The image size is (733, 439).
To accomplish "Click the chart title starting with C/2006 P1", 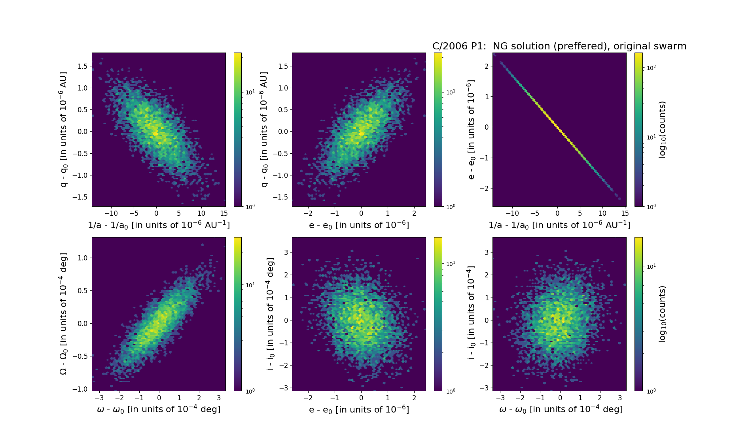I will coord(559,46).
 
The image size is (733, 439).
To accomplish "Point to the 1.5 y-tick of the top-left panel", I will coord(83,66).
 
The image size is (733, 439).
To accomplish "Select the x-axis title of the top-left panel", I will coord(159,225).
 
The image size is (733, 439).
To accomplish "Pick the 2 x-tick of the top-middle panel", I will coord(414,214).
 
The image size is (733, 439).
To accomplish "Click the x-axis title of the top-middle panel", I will coord(359,225).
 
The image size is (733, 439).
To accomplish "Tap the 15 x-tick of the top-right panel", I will coord(625,214).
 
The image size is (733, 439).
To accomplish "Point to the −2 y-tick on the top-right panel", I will coord(485,188).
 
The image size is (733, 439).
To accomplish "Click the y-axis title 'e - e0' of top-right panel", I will coord(471,129).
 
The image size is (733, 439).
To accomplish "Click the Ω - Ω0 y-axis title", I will coord(63,314).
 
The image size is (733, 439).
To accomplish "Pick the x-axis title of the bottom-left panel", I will coord(159,409).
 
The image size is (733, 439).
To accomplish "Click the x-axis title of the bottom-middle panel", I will coord(359,409).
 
